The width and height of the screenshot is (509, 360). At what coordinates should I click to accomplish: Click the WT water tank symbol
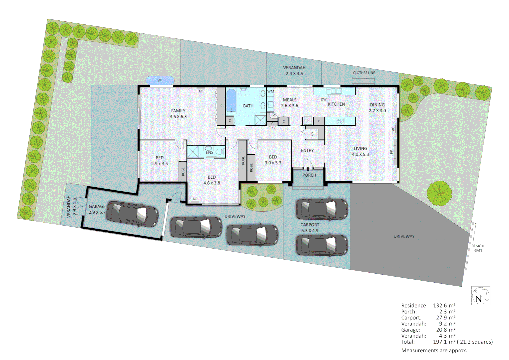[160, 80]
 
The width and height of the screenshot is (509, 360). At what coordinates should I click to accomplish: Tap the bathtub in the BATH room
[231, 100]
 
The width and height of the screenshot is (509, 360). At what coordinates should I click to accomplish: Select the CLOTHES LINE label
[364, 73]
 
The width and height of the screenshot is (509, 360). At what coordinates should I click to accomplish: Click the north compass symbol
[480, 296]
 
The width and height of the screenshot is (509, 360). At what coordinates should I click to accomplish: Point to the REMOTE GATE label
[478, 248]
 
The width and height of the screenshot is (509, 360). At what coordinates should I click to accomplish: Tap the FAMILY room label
[178, 113]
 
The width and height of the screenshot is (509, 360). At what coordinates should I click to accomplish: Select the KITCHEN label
[336, 104]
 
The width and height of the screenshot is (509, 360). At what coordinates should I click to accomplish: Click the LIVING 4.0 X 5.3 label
[360, 151]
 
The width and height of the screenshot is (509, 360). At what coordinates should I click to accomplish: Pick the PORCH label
[309, 175]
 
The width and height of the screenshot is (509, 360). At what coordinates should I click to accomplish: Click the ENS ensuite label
[209, 152]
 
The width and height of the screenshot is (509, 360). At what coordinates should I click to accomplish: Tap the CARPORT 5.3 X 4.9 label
[310, 228]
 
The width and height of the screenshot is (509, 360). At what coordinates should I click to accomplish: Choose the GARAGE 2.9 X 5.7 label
[97, 209]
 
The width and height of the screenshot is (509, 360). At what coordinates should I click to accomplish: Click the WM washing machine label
[270, 91]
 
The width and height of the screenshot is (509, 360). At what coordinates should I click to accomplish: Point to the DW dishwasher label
[323, 99]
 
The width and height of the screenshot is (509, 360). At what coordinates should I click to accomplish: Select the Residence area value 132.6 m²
[444, 305]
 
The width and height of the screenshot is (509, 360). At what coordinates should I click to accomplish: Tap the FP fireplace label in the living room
[392, 152]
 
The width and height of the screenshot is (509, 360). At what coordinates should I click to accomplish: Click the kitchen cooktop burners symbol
[340, 121]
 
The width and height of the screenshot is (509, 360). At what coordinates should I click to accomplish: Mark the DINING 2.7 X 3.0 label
[377, 107]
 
